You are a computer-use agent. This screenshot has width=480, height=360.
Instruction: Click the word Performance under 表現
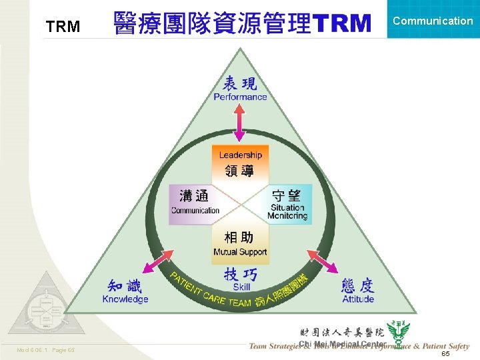pyautogui.click(x=240, y=97)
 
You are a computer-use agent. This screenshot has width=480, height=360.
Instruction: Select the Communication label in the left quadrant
pyautogui.click(x=195, y=210)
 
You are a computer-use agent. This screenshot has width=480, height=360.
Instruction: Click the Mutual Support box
pyautogui.click(x=240, y=244)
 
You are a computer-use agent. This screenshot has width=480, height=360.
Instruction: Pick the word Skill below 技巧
pyautogui.click(x=241, y=287)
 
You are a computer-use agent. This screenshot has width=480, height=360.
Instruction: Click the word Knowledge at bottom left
pyautogui.click(x=125, y=299)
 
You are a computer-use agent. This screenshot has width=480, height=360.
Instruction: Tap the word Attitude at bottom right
pyautogui.click(x=358, y=299)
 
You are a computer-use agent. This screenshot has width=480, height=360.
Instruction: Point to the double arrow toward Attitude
pyautogui.click(x=321, y=261)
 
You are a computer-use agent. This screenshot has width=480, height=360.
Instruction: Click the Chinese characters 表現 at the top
pyautogui.click(x=240, y=83)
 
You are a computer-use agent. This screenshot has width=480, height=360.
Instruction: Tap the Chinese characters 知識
pyautogui.click(x=125, y=286)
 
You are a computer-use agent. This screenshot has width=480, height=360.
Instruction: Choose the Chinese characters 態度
pyautogui.click(x=358, y=286)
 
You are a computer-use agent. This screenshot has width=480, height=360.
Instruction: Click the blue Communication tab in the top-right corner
pyautogui.click(x=433, y=21)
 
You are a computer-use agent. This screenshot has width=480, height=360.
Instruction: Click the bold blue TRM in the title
pyautogui.click(x=341, y=23)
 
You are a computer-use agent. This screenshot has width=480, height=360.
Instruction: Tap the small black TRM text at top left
pyautogui.click(x=63, y=27)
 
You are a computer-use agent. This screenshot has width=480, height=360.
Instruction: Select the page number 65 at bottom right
pyautogui.click(x=445, y=354)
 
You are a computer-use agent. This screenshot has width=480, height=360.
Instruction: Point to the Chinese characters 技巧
pyautogui.click(x=241, y=274)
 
